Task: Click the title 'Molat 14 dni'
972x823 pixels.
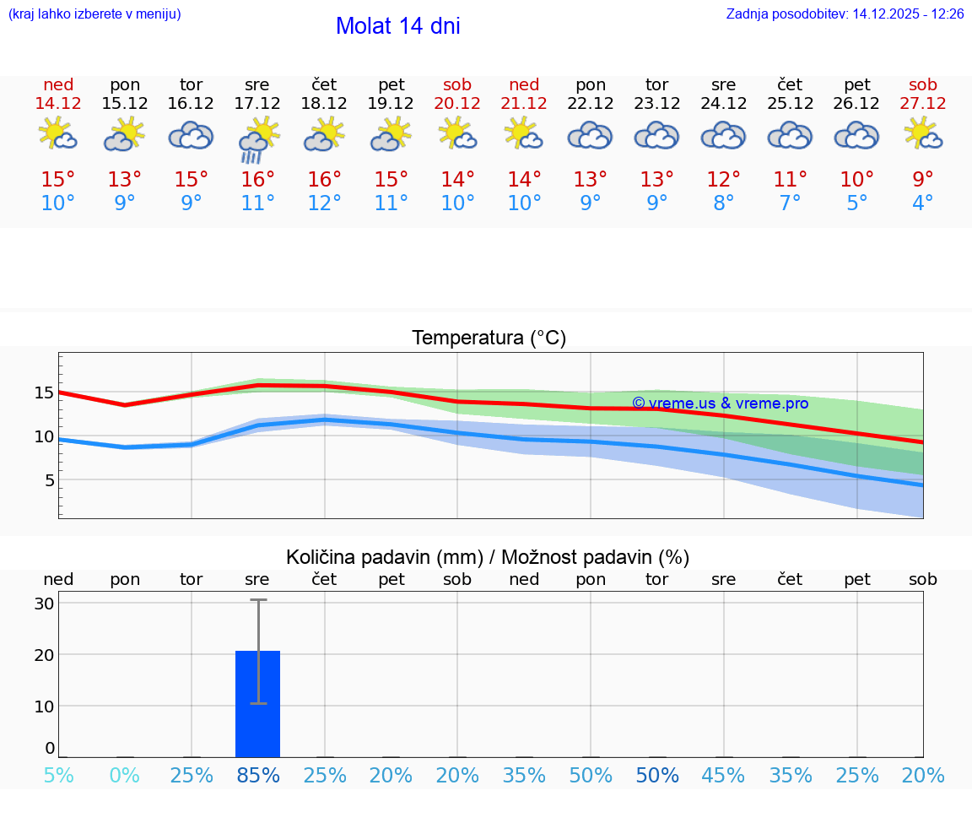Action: coord(397,26)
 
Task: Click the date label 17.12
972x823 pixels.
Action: coord(257,103)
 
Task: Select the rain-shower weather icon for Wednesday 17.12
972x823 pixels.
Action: coord(257,139)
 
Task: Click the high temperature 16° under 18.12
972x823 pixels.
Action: coord(324,180)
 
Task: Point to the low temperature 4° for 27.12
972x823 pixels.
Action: coord(922,203)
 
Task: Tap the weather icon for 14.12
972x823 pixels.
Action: coord(58,135)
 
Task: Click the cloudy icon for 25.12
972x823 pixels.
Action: coord(790,135)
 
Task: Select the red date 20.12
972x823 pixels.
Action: coord(457,103)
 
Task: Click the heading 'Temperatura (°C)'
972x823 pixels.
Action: coord(489,338)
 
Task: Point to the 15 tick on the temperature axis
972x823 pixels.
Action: coord(45,393)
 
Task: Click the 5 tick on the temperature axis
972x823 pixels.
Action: coord(50,480)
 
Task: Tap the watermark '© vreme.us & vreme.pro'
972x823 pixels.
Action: coord(720,403)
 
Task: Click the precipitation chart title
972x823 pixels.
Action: coord(488,557)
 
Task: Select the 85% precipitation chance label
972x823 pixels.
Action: coord(257,775)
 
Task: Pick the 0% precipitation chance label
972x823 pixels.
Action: coord(124,775)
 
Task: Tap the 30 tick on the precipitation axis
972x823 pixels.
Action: coord(45,604)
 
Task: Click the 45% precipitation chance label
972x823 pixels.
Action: coord(723,775)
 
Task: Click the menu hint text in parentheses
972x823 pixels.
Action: coord(94,14)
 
